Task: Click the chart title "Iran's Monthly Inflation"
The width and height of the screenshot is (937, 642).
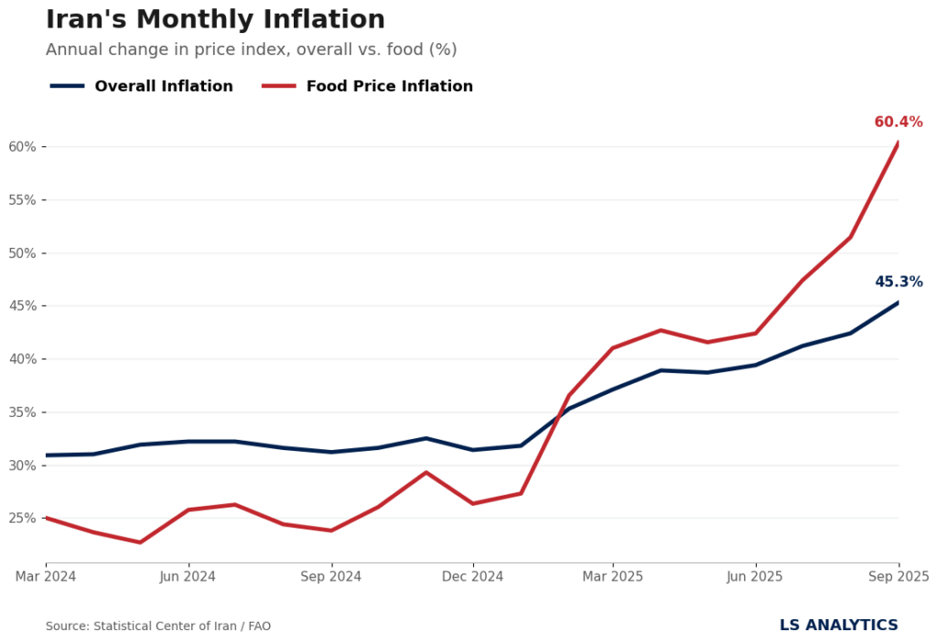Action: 215,20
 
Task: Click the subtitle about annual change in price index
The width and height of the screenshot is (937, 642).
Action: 251,50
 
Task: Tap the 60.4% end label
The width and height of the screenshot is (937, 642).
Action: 898,123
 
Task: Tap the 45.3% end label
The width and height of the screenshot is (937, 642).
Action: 898,283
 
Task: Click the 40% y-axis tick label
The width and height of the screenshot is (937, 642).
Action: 22,359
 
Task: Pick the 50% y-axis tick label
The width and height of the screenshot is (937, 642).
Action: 22,253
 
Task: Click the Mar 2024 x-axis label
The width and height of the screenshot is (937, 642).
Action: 46,577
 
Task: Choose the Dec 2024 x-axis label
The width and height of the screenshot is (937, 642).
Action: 473,577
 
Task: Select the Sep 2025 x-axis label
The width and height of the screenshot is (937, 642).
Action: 898,577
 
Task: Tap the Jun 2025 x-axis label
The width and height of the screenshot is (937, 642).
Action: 755,577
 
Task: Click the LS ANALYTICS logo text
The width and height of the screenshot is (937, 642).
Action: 838,626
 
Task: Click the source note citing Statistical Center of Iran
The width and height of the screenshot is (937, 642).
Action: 158,626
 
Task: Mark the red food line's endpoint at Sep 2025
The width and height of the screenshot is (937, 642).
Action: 899,144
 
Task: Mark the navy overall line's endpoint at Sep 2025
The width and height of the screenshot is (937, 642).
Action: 899,303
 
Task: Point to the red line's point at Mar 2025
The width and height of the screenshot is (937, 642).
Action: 613,348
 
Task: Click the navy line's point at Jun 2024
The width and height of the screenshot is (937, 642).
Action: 188,442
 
